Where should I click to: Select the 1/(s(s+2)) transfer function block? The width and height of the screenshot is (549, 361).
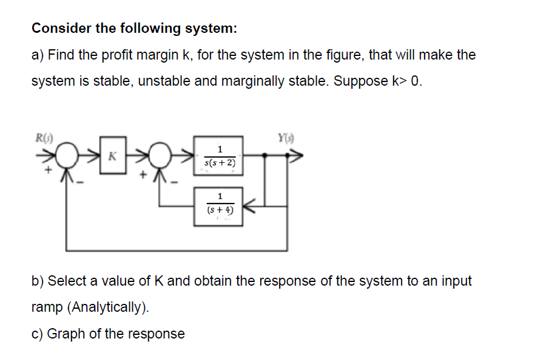219,156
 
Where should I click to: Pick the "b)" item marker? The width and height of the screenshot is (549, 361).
38,281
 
